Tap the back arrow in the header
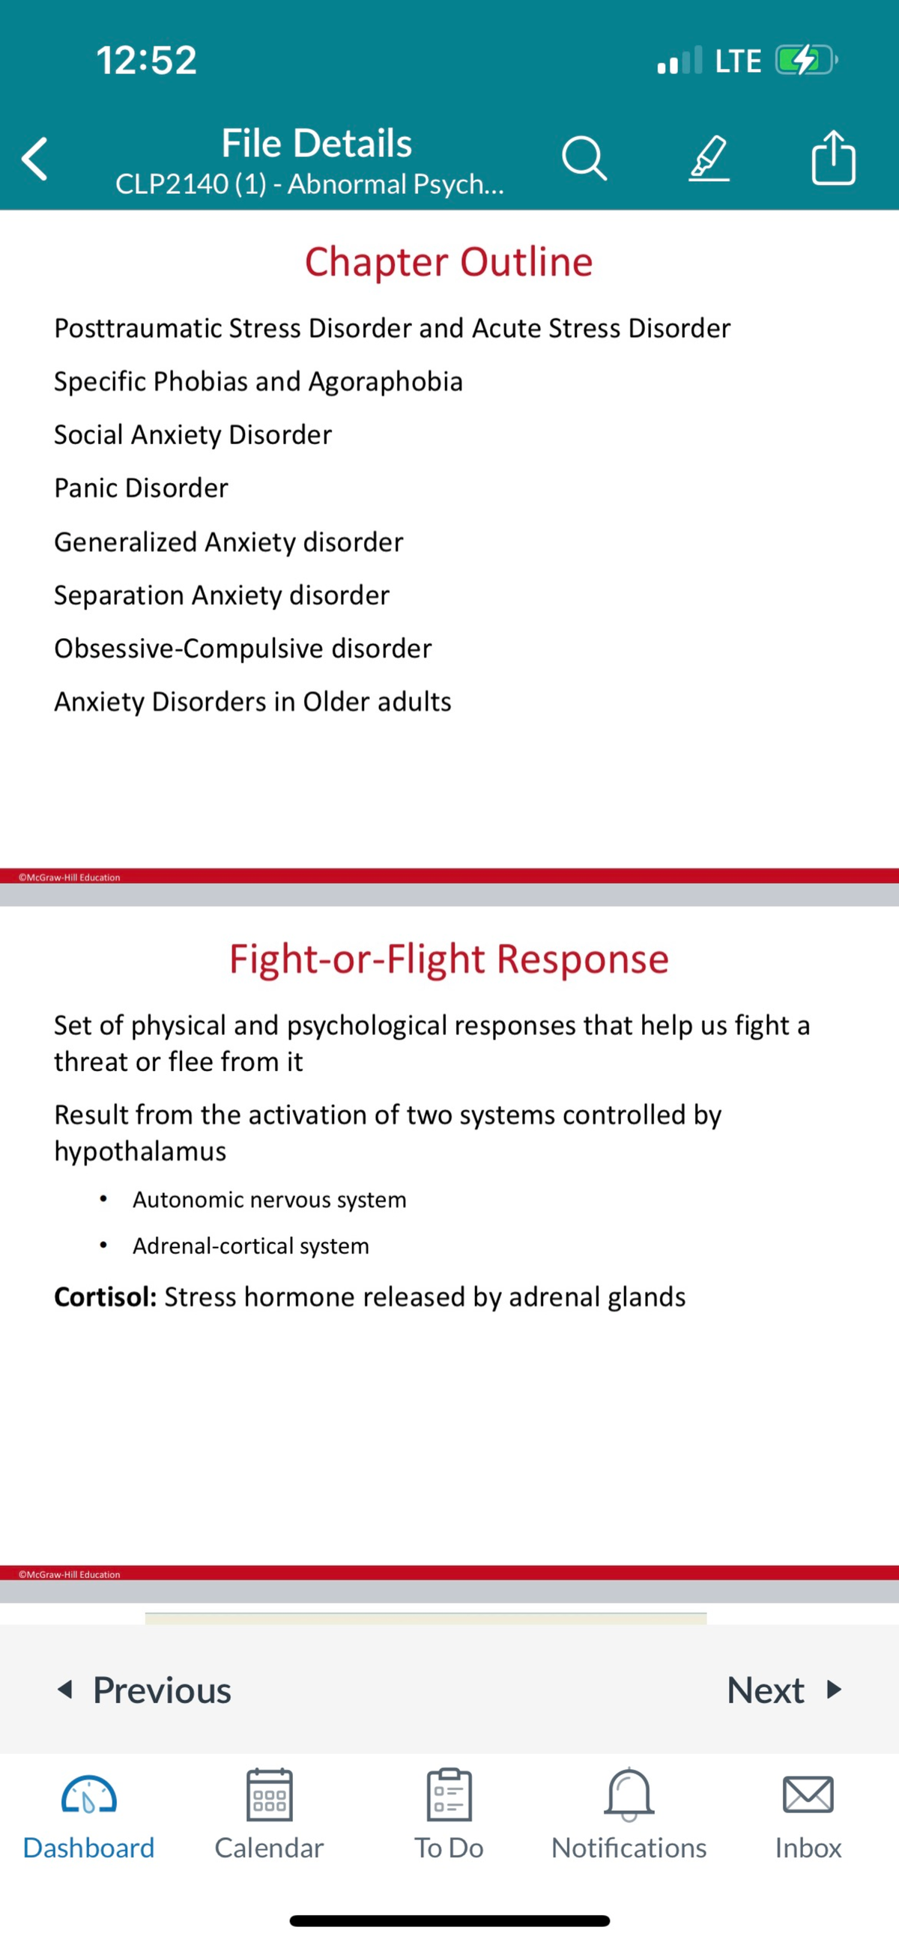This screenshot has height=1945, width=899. [x=34, y=159]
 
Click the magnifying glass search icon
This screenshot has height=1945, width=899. [x=584, y=159]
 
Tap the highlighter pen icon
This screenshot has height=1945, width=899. [x=709, y=159]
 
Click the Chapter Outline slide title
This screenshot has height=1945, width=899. [x=449, y=262]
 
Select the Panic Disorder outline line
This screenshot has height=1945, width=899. [x=142, y=488]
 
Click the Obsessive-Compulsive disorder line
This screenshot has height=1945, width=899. [x=243, y=649]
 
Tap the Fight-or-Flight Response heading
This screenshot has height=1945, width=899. [x=449, y=959]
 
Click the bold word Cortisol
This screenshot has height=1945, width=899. [x=105, y=1297]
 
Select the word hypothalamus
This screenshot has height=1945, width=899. [x=141, y=1151]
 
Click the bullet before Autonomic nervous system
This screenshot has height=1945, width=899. [x=103, y=1199]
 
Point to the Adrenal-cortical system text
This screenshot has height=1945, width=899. [x=251, y=1245]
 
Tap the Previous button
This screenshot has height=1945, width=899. [x=145, y=1690]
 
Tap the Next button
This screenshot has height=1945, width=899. [x=784, y=1690]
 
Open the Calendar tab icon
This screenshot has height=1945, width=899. [x=269, y=1794]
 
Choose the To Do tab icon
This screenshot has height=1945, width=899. [x=449, y=1794]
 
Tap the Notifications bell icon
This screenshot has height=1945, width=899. [x=629, y=1794]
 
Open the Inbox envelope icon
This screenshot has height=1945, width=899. [x=808, y=1794]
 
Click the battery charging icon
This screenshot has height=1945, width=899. [x=805, y=61]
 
